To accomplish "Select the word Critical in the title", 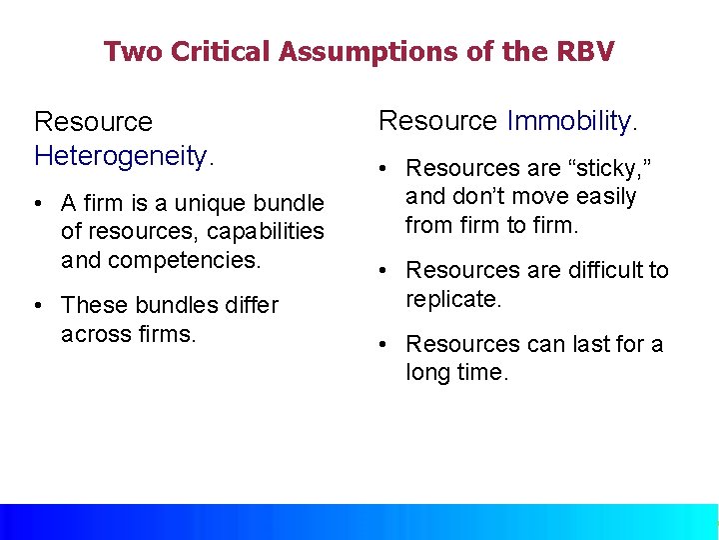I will click(x=219, y=51).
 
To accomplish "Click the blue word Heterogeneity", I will click(x=121, y=156).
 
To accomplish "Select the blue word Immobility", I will click(x=568, y=121).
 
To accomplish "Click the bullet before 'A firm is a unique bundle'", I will click(x=37, y=204).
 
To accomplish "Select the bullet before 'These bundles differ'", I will click(x=37, y=306).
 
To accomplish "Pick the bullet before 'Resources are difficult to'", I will click(x=382, y=271).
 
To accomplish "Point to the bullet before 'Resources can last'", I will click(x=382, y=345).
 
